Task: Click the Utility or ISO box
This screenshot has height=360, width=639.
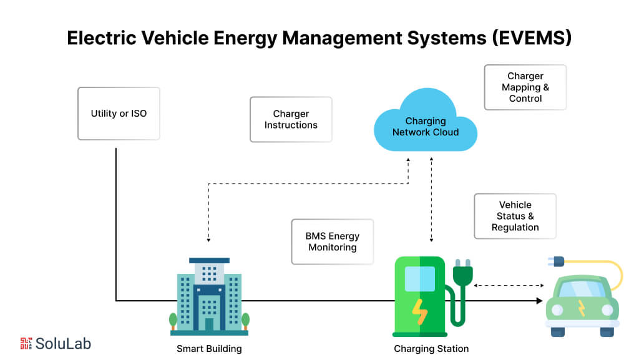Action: click(119, 114)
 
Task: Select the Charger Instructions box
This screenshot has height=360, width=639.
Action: click(291, 119)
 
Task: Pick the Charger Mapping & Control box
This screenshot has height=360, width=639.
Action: click(525, 87)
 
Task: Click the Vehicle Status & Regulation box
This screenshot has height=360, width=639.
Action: click(515, 216)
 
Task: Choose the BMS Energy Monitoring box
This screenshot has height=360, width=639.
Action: click(332, 241)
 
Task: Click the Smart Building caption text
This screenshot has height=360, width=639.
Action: click(209, 349)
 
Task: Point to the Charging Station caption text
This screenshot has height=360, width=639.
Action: click(431, 349)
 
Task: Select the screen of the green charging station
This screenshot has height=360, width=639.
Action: click(420, 278)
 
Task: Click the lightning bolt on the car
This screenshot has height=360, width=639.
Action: click(582, 308)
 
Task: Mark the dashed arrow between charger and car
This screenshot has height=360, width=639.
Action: click(509, 286)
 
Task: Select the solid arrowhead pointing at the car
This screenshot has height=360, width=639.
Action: click(539, 301)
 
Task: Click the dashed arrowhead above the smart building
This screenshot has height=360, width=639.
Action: click(208, 240)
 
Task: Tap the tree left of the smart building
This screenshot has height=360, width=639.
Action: click(173, 321)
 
